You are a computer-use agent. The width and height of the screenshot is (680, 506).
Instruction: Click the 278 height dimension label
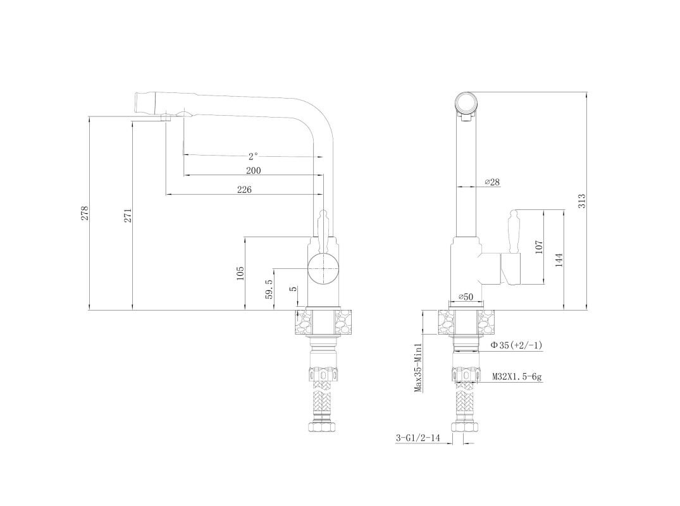point(85,213)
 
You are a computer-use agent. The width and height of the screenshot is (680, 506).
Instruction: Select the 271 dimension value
point(128,216)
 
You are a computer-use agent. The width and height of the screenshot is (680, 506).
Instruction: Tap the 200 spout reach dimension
point(254,170)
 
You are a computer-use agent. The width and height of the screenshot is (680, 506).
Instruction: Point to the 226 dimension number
point(244,190)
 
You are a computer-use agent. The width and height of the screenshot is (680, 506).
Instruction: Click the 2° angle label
point(253,156)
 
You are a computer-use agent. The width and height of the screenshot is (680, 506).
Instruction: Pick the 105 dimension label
point(241,273)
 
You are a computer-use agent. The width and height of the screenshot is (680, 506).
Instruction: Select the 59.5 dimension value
point(269,289)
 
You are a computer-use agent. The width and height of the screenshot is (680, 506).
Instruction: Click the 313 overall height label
point(582,201)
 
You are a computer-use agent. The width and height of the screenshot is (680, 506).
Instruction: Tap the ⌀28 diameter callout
point(492,182)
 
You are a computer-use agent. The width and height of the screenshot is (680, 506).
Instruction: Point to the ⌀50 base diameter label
point(466,297)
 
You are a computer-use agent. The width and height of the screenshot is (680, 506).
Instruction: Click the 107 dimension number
point(539,247)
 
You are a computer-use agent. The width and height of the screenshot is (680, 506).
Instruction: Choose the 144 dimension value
point(559,260)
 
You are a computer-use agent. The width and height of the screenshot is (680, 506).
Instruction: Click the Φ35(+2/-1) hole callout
point(516,345)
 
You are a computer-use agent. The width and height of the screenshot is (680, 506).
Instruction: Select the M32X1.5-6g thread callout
point(517,377)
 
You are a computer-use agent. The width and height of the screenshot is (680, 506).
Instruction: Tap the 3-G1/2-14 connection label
point(417,438)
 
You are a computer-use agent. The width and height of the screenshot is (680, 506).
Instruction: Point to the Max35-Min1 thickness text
point(418,367)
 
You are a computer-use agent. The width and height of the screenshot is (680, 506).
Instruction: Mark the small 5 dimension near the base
point(294,289)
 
